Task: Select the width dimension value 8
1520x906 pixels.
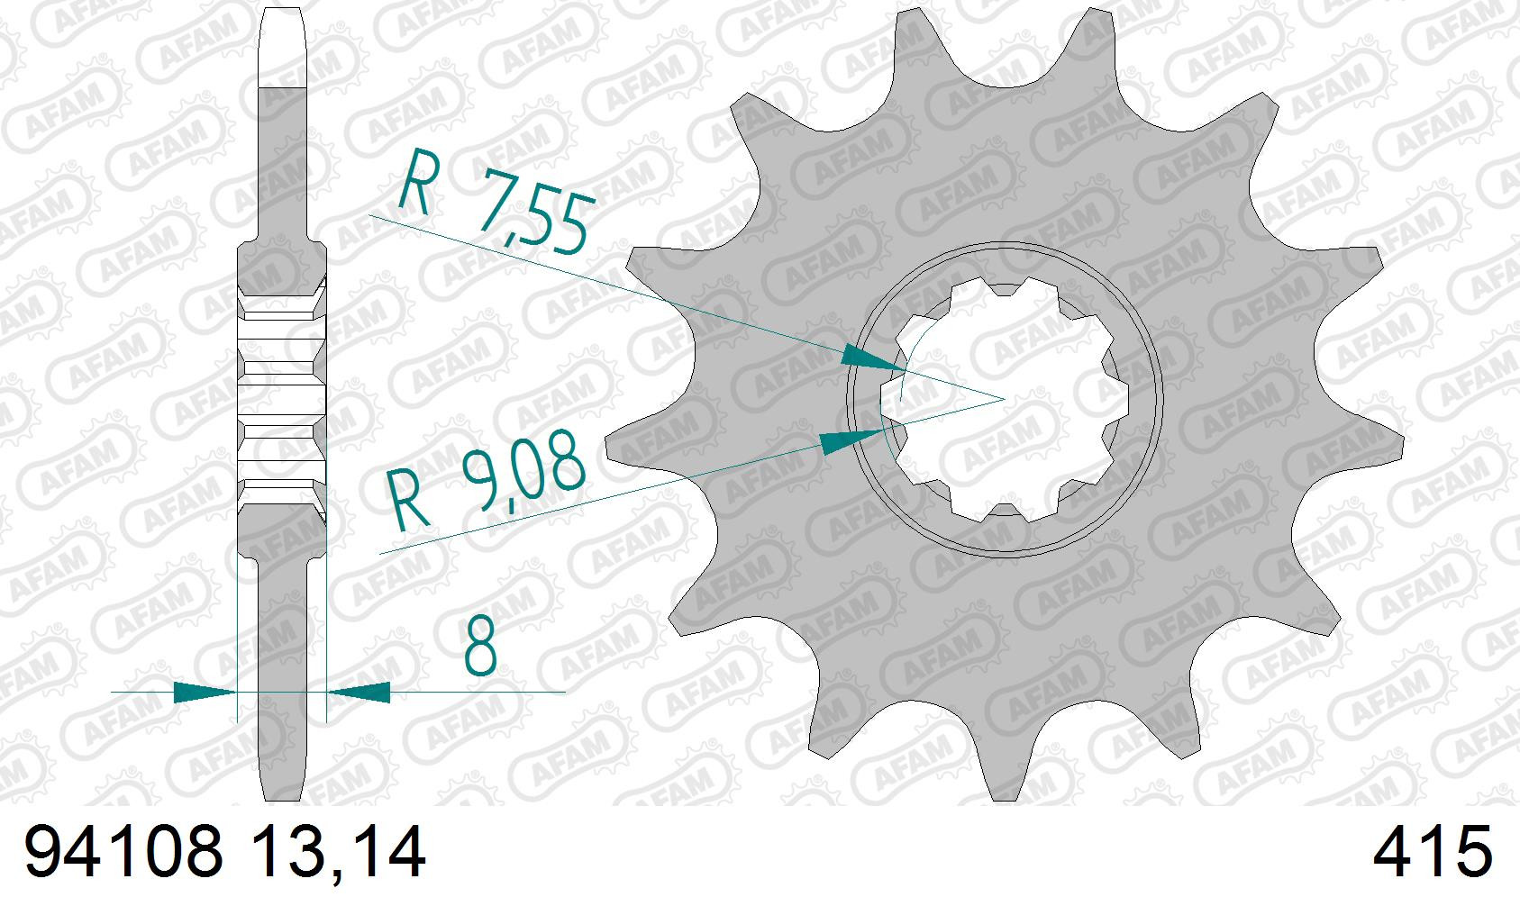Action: [480, 647]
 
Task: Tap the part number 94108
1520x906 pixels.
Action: [124, 852]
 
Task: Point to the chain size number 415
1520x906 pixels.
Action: [1432, 852]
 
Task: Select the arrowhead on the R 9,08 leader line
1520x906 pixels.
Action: [852, 439]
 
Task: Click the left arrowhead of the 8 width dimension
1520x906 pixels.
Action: [205, 693]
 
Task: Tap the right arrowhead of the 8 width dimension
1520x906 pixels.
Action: [359, 693]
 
